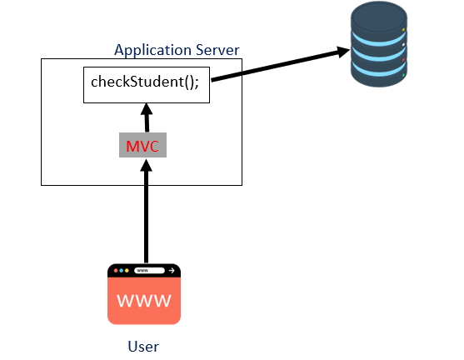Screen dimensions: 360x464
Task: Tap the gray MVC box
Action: pos(142,146)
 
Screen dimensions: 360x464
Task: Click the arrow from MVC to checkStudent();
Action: pos(147,118)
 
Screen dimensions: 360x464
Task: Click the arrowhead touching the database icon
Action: pos(342,52)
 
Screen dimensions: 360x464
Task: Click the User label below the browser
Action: pos(143,346)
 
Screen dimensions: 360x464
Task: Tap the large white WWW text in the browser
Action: pos(144,301)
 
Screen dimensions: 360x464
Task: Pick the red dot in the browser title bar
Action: pos(115,271)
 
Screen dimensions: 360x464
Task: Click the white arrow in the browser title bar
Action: pos(172,271)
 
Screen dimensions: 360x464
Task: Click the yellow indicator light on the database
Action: pos(403,30)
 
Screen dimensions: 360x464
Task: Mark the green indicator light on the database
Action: pos(403,76)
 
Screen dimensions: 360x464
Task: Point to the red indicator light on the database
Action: pos(403,61)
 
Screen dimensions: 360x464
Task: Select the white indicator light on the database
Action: pos(403,45)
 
